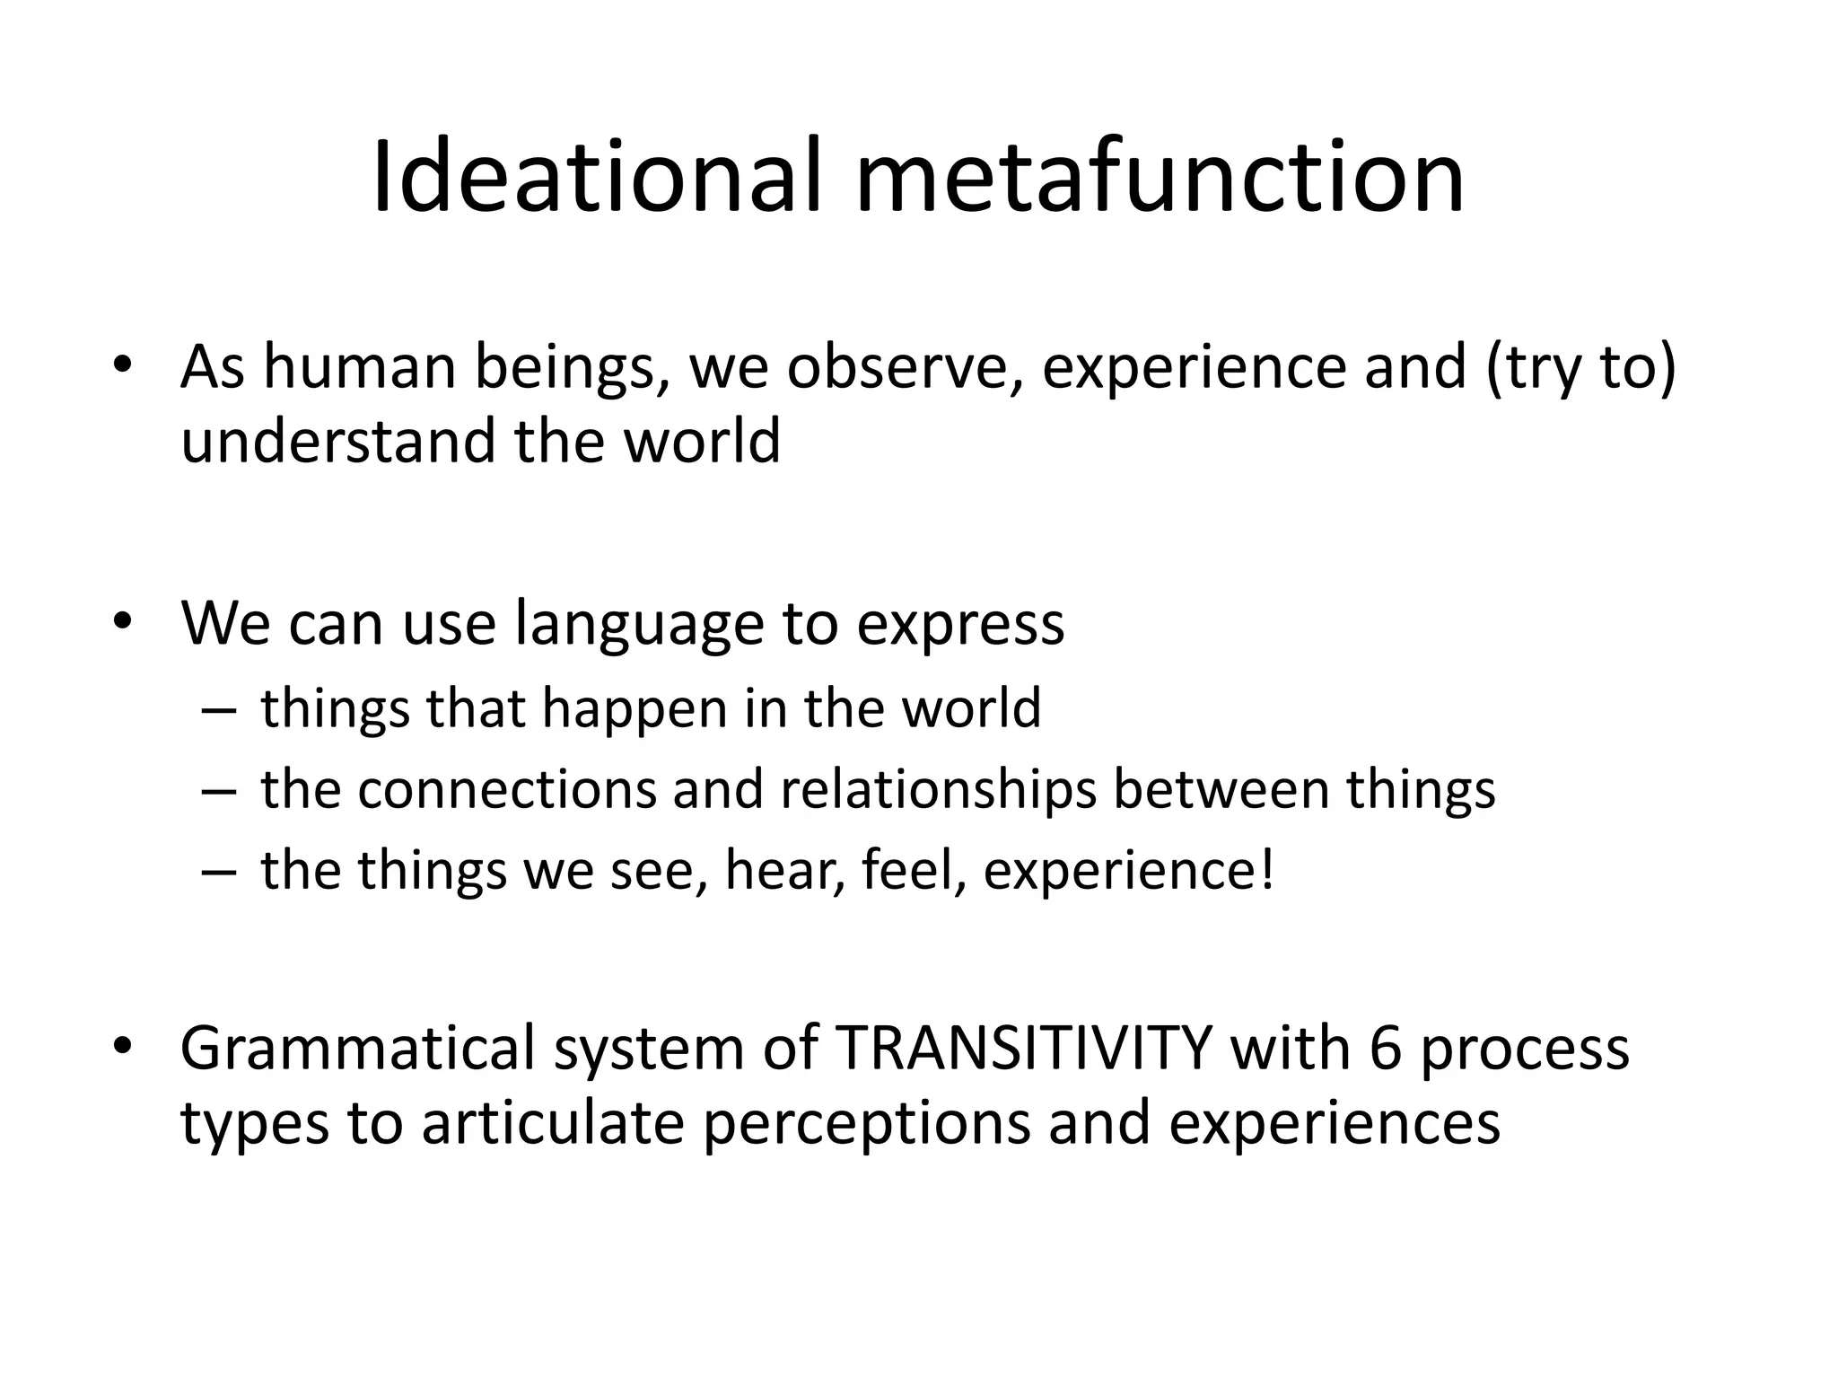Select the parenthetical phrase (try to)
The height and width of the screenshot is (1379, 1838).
tap(1580, 369)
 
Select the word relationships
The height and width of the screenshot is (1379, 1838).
tap(938, 791)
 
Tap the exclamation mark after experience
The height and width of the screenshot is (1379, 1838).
tap(1266, 870)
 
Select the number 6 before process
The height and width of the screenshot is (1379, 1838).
tap(1386, 1049)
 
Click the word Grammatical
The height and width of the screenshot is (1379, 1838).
tap(357, 1049)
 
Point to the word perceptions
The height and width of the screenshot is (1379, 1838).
tap(866, 1125)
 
